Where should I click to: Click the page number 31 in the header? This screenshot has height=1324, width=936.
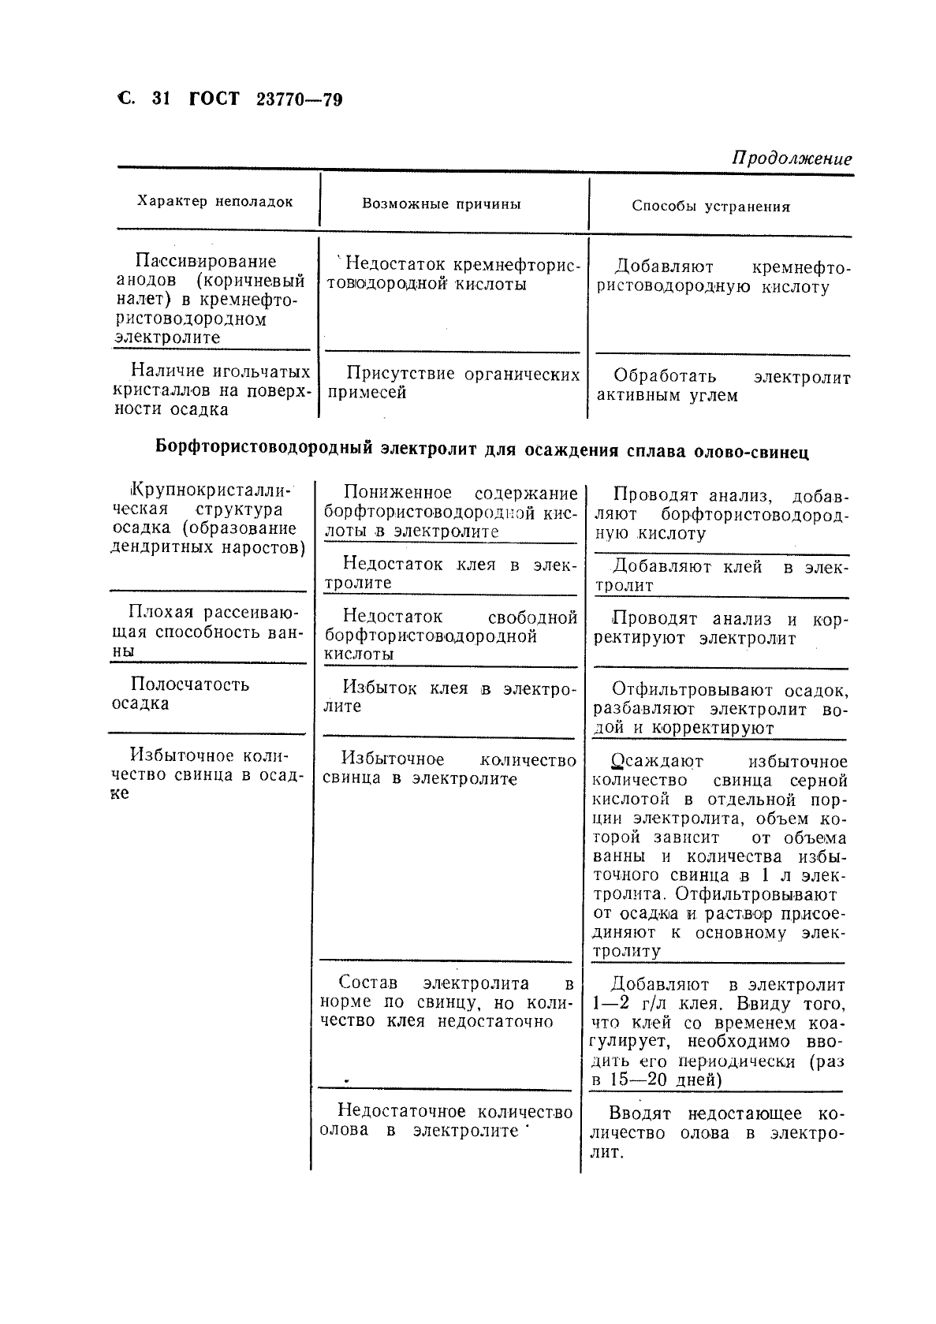click(160, 99)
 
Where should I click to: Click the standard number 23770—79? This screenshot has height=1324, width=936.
click(300, 100)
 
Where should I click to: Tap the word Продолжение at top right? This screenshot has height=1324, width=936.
click(792, 159)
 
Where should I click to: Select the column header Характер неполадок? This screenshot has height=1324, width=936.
click(215, 201)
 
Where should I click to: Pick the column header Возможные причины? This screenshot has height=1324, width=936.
click(442, 204)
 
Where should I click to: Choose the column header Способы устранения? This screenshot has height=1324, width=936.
click(710, 207)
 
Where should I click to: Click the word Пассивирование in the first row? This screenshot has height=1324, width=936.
click(206, 261)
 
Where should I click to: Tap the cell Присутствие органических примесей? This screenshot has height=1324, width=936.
click(453, 383)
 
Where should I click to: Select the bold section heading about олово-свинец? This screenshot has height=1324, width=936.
click(482, 451)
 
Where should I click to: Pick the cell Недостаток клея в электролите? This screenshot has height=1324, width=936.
click(450, 574)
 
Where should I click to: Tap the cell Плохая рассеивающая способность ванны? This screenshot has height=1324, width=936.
click(207, 632)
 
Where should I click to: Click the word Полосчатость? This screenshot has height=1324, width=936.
click(190, 684)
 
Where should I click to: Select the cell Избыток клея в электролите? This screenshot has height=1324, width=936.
click(449, 697)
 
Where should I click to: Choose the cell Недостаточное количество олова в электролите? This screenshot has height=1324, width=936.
click(446, 1121)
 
